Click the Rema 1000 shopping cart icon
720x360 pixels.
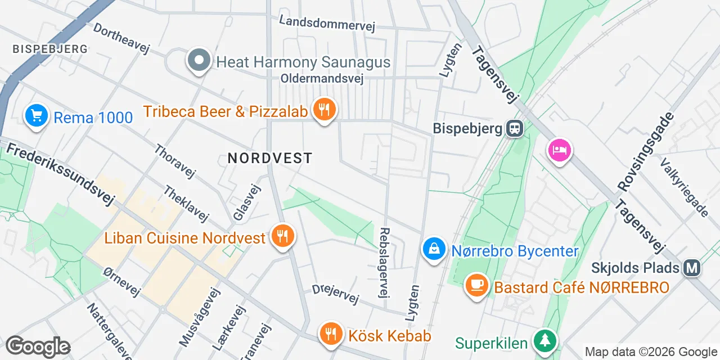pyautogui.click(x=37, y=116)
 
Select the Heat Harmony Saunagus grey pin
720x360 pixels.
pyautogui.click(x=199, y=61)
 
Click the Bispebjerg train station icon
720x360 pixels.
pyautogui.click(x=514, y=129)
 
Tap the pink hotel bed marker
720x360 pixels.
pyautogui.click(x=560, y=151)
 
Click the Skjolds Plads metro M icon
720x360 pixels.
pyautogui.click(x=691, y=268)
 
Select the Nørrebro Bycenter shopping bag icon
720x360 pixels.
pyautogui.click(x=434, y=249)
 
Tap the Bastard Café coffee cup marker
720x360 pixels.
pyautogui.click(x=477, y=286)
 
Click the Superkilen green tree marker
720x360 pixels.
pyautogui.click(x=544, y=340)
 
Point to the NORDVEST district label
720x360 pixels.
pyautogui.click(x=270, y=158)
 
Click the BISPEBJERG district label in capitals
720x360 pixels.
pyautogui.click(x=50, y=49)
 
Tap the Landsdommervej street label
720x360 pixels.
pyautogui.click(x=327, y=22)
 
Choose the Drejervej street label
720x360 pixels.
pyautogui.click(x=335, y=294)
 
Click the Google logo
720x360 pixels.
pyautogui.click(x=38, y=346)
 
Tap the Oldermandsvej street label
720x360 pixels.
pyautogui.click(x=322, y=79)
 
